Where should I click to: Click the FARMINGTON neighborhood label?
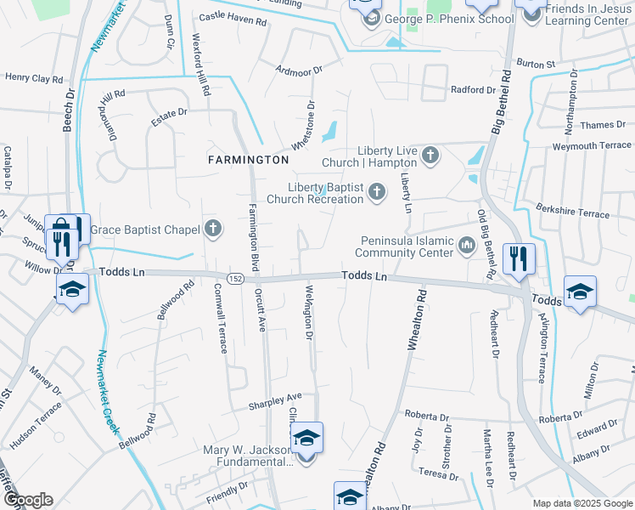point(249,160)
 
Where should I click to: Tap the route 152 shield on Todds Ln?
point(236,278)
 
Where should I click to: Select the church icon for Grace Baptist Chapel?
point(212,229)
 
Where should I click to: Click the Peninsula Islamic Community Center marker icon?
point(466,246)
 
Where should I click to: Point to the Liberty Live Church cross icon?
point(430,155)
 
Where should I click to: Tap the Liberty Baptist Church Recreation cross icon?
point(376,194)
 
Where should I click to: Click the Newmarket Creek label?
point(108,393)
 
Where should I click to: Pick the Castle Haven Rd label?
point(232,18)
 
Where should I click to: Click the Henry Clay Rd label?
point(34,78)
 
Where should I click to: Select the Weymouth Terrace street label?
point(592,145)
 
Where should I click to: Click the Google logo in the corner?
point(27,500)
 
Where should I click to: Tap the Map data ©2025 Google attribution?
point(582,503)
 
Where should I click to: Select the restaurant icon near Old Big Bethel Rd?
point(519,258)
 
